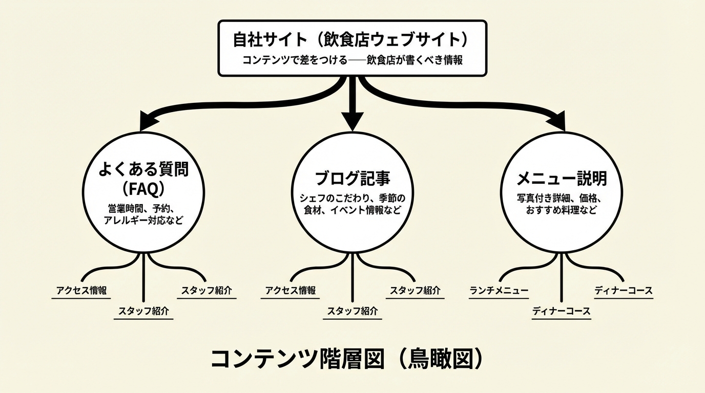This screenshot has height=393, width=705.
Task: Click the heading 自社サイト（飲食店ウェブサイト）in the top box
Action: pos(351,39)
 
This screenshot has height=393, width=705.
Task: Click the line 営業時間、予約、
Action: pos(143,209)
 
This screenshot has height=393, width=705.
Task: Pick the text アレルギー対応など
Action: pos(143,222)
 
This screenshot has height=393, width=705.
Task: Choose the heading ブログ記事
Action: pos(352,179)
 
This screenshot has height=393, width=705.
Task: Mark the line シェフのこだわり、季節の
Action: pos(352,198)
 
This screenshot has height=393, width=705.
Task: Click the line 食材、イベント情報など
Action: pos(352,210)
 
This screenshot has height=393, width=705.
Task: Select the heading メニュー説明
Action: pos(562,179)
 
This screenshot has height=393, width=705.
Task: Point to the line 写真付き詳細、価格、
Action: pos(562,198)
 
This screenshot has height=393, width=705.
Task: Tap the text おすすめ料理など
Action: pos(562,210)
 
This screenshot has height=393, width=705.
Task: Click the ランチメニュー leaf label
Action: pos(499,291)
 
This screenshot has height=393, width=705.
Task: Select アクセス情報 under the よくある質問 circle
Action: pos(82,291)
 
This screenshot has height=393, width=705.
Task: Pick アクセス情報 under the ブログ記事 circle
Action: pos(291,291)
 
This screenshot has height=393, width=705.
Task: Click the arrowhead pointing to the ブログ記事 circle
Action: pos(352,121)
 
